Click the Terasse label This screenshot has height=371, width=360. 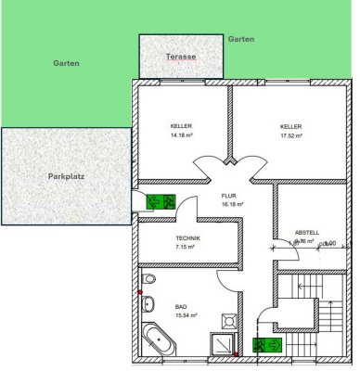click(181, 57)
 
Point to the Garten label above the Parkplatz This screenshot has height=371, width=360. click(66, 64)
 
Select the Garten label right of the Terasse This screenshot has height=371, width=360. click(241, 40)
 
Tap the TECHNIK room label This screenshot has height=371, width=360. click(187, 238)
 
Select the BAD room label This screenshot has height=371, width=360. click(180, 307)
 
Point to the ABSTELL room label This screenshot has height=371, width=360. click(306, 232)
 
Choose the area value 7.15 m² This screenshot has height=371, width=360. click(187, 249)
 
